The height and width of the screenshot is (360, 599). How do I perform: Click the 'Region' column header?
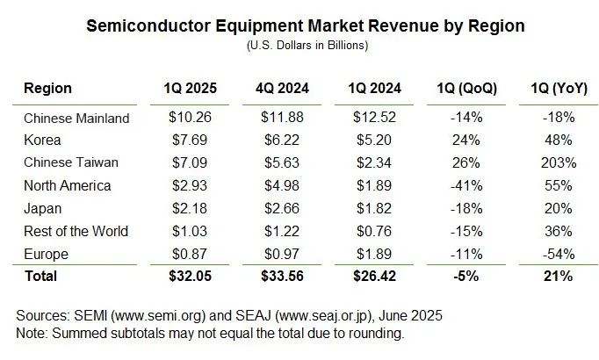[x=48, y=89]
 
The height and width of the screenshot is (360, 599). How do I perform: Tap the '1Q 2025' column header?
[x=190, y=89]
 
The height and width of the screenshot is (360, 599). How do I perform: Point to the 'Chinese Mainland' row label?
[x=76, y=118]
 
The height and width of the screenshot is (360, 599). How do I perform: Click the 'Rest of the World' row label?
[x=76, y=231]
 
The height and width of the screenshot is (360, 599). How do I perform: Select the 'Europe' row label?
[x=45, y=254]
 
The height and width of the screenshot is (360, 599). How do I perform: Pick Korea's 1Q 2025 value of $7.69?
[x=190, y=140]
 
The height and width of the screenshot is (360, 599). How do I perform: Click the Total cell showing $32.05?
[x=190, y=277]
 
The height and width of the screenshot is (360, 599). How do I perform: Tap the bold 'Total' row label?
[x=40, y=277]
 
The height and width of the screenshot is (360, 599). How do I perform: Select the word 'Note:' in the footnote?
[x=33, y=333]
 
